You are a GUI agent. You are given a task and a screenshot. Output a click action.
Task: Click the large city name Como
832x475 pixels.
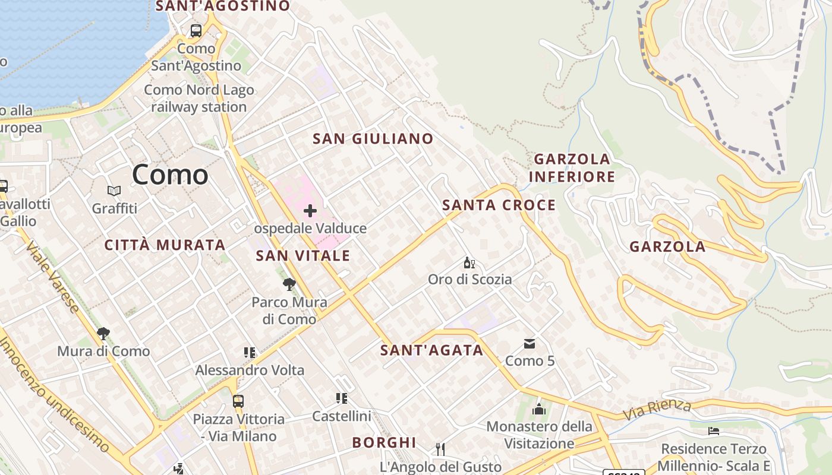170,175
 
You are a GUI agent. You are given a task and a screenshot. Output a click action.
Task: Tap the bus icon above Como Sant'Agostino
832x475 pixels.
196,31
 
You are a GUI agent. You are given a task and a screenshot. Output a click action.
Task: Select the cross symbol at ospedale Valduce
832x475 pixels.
310,211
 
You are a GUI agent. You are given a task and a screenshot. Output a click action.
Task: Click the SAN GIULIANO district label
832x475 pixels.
373,139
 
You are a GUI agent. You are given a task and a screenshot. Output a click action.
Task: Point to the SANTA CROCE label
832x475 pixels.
499,205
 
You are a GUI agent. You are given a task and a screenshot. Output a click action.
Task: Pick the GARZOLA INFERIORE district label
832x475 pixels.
572,168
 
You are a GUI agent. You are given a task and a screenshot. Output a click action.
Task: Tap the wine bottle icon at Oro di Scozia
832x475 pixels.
469,262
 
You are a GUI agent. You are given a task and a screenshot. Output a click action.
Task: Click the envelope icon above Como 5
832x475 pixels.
530,344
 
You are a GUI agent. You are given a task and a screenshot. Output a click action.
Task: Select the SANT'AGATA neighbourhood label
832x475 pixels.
432,350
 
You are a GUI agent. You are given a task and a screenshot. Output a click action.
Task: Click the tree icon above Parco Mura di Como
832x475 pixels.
289,284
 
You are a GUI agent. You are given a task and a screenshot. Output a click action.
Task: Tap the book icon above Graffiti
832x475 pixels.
114,191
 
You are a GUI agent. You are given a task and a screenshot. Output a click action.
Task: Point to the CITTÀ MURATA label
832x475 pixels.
165,245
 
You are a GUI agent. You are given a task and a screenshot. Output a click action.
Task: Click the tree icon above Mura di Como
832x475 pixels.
103,333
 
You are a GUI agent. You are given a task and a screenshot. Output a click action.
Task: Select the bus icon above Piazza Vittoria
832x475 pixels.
238,401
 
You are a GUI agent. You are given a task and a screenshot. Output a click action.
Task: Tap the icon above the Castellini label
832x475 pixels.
342,398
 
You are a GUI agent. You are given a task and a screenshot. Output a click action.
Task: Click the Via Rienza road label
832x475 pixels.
657,410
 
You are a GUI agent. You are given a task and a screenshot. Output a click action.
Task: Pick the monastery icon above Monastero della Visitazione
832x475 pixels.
539,409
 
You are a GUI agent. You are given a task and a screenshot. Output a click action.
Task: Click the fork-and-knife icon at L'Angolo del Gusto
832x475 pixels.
440,449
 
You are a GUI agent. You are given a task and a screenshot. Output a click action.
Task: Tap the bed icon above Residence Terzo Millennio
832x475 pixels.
714,430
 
